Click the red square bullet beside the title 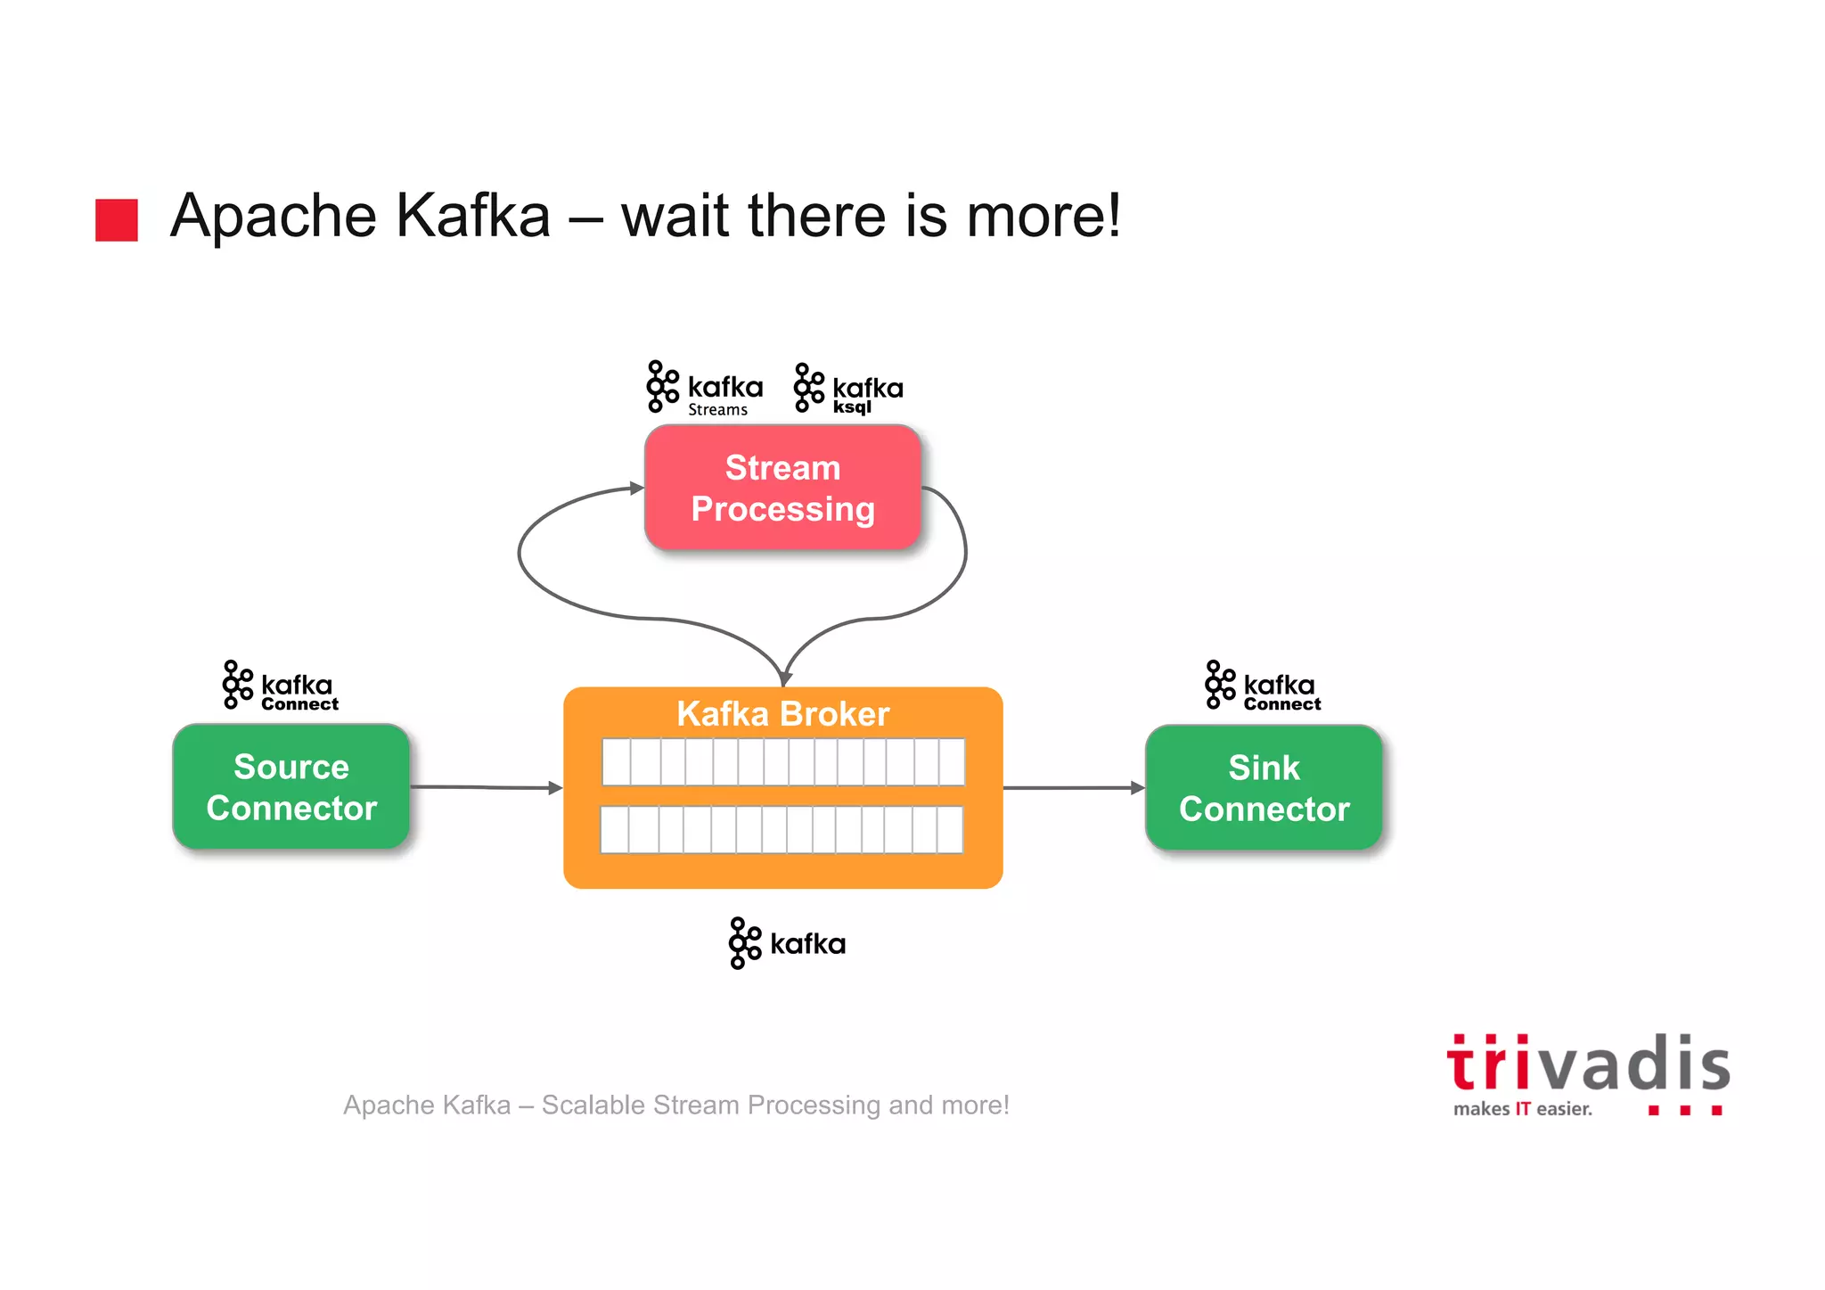(x=117, y=219)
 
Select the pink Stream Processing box (x=782, y=488)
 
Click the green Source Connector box (x=291, y=786)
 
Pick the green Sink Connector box (x=1264, y=787)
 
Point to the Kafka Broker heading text (x=782, y=714)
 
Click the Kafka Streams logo (x=705, y=388)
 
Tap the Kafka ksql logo (x=848, y=389)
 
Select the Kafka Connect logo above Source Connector (x=281, y=686)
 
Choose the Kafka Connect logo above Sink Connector (x=1263, y=686)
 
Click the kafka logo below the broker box (x=787, y=943)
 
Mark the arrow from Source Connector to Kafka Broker (x=486, y=787)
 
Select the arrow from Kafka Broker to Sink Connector (x=1073, y=788)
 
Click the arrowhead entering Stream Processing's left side (x=636, y=488)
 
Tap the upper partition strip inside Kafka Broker (x=782, y=761)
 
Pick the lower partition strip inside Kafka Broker (x=782, y=830)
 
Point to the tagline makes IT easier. (x=1522, y=1109)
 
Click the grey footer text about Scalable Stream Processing (x=676, y=1105)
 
